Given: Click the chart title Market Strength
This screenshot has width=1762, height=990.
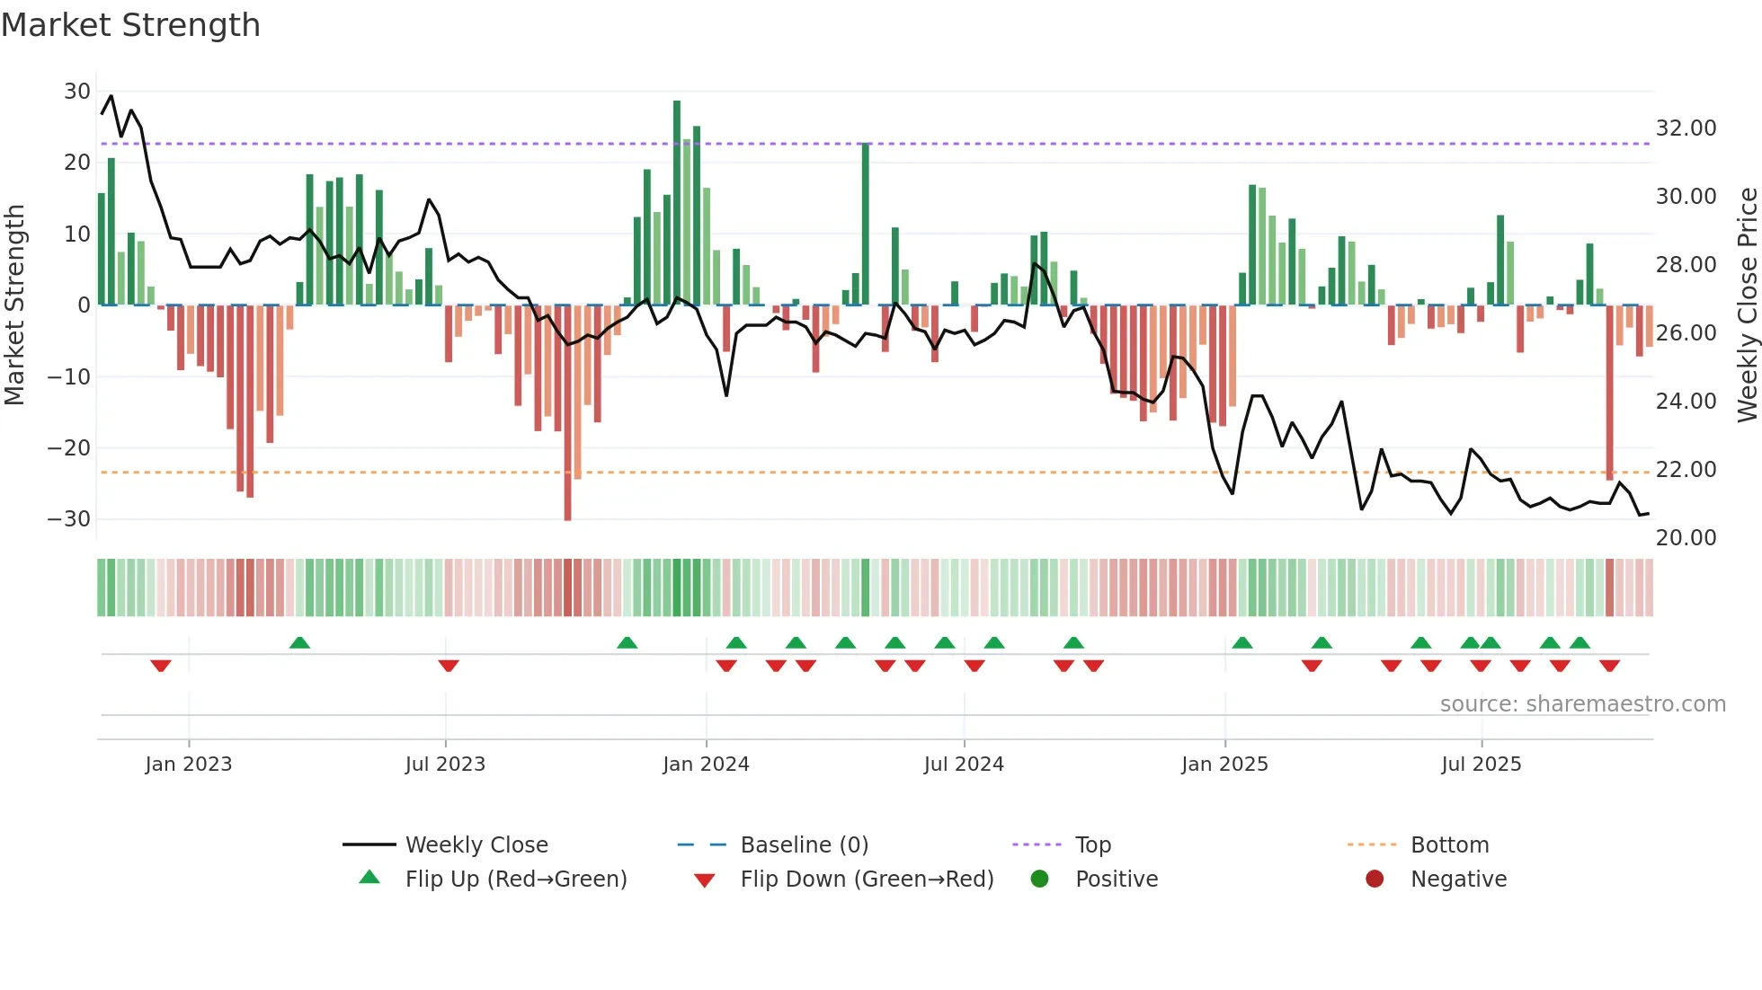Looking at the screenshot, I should tap(130, 25).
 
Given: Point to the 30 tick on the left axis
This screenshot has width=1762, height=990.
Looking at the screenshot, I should tap(77, 92).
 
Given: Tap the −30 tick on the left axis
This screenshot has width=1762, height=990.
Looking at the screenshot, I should tap(70, 519).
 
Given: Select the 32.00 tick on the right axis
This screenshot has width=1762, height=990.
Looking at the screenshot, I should tap(1686, 128).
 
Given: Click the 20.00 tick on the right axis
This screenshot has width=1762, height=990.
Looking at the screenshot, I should tap(1686, 538).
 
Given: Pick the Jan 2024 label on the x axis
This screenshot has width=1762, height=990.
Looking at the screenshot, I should tap(706, 765).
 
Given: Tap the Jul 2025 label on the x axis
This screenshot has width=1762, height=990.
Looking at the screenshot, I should tap(1481, 765).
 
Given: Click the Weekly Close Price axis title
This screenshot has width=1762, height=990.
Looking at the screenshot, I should tap(1747, 305).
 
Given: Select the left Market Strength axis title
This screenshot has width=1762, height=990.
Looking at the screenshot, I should tap(15, 305).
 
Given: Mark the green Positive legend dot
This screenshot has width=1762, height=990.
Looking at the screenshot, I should tap(1040, 880).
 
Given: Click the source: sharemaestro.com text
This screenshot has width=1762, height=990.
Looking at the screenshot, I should tap(1582, 704).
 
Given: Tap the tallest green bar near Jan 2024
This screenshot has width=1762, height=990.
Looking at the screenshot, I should tap(677, 202).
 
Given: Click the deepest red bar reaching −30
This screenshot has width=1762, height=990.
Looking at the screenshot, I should tap(567, 413).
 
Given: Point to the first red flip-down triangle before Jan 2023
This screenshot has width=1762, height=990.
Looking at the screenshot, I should tap(161, 666).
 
